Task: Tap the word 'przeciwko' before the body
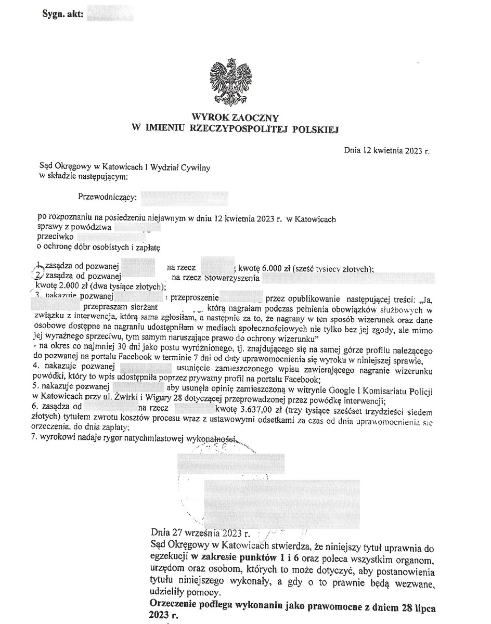click(x=55, y=236)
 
